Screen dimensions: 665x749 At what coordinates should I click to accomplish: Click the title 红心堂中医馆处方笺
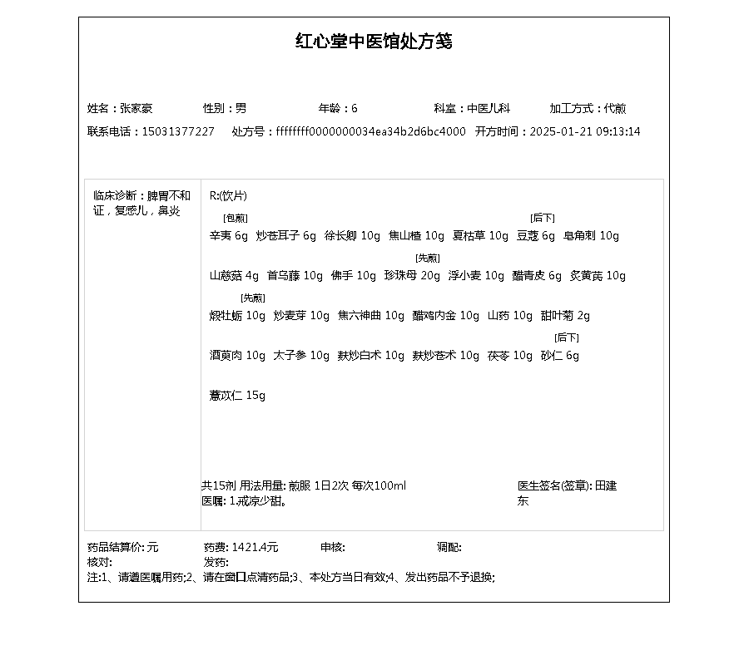point(374,42)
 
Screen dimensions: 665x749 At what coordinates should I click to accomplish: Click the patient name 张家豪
point(136,108)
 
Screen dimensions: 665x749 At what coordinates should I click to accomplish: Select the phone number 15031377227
point(178,131)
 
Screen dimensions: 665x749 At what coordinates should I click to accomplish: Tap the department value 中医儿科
point(488,108)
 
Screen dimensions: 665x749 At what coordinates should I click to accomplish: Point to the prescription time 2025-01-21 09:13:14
point(585,131)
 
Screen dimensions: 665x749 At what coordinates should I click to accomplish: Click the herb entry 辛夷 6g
point(229,235)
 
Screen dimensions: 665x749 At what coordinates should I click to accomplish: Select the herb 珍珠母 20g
point(412,275)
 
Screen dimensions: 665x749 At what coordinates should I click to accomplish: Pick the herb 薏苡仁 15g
point(237,395)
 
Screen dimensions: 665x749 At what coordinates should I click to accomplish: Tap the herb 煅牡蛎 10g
point(237,315)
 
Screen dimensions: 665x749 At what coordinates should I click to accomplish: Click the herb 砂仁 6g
point(559,355)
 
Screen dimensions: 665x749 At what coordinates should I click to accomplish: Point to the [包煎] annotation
point(230,218)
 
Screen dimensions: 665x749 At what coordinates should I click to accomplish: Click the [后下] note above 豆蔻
point(543,218)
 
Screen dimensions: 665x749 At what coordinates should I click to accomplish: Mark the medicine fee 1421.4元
point(255,547)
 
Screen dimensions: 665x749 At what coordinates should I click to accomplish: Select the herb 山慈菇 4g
point(234,275)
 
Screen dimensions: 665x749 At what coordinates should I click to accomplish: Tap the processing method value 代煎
point(615,108)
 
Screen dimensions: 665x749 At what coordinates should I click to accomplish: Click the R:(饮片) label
point(228,196)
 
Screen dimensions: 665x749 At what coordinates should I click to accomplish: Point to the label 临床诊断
point(116,196)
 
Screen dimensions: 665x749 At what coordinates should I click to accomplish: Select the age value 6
point(355,108)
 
